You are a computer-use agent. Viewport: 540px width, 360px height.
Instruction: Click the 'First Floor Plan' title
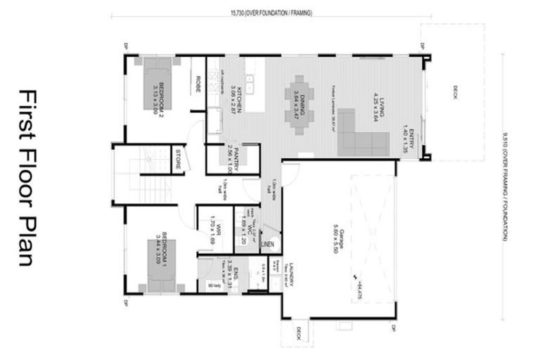pos(27,177)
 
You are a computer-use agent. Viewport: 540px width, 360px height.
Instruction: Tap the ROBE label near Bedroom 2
pos(198,84)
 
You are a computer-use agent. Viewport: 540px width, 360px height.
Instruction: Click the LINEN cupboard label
pos(266,244)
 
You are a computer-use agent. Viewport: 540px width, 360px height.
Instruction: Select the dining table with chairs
pos(300,105)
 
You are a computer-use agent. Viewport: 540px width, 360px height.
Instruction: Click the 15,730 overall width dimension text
pos(271,13)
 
